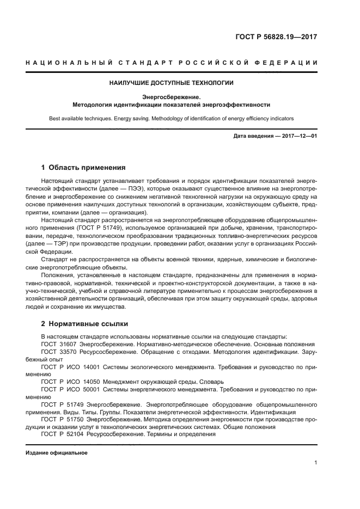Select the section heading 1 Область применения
point(83,168)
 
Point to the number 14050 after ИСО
point(89,382)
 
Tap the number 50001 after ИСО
point(89,390)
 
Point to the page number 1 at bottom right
point(316,463)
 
